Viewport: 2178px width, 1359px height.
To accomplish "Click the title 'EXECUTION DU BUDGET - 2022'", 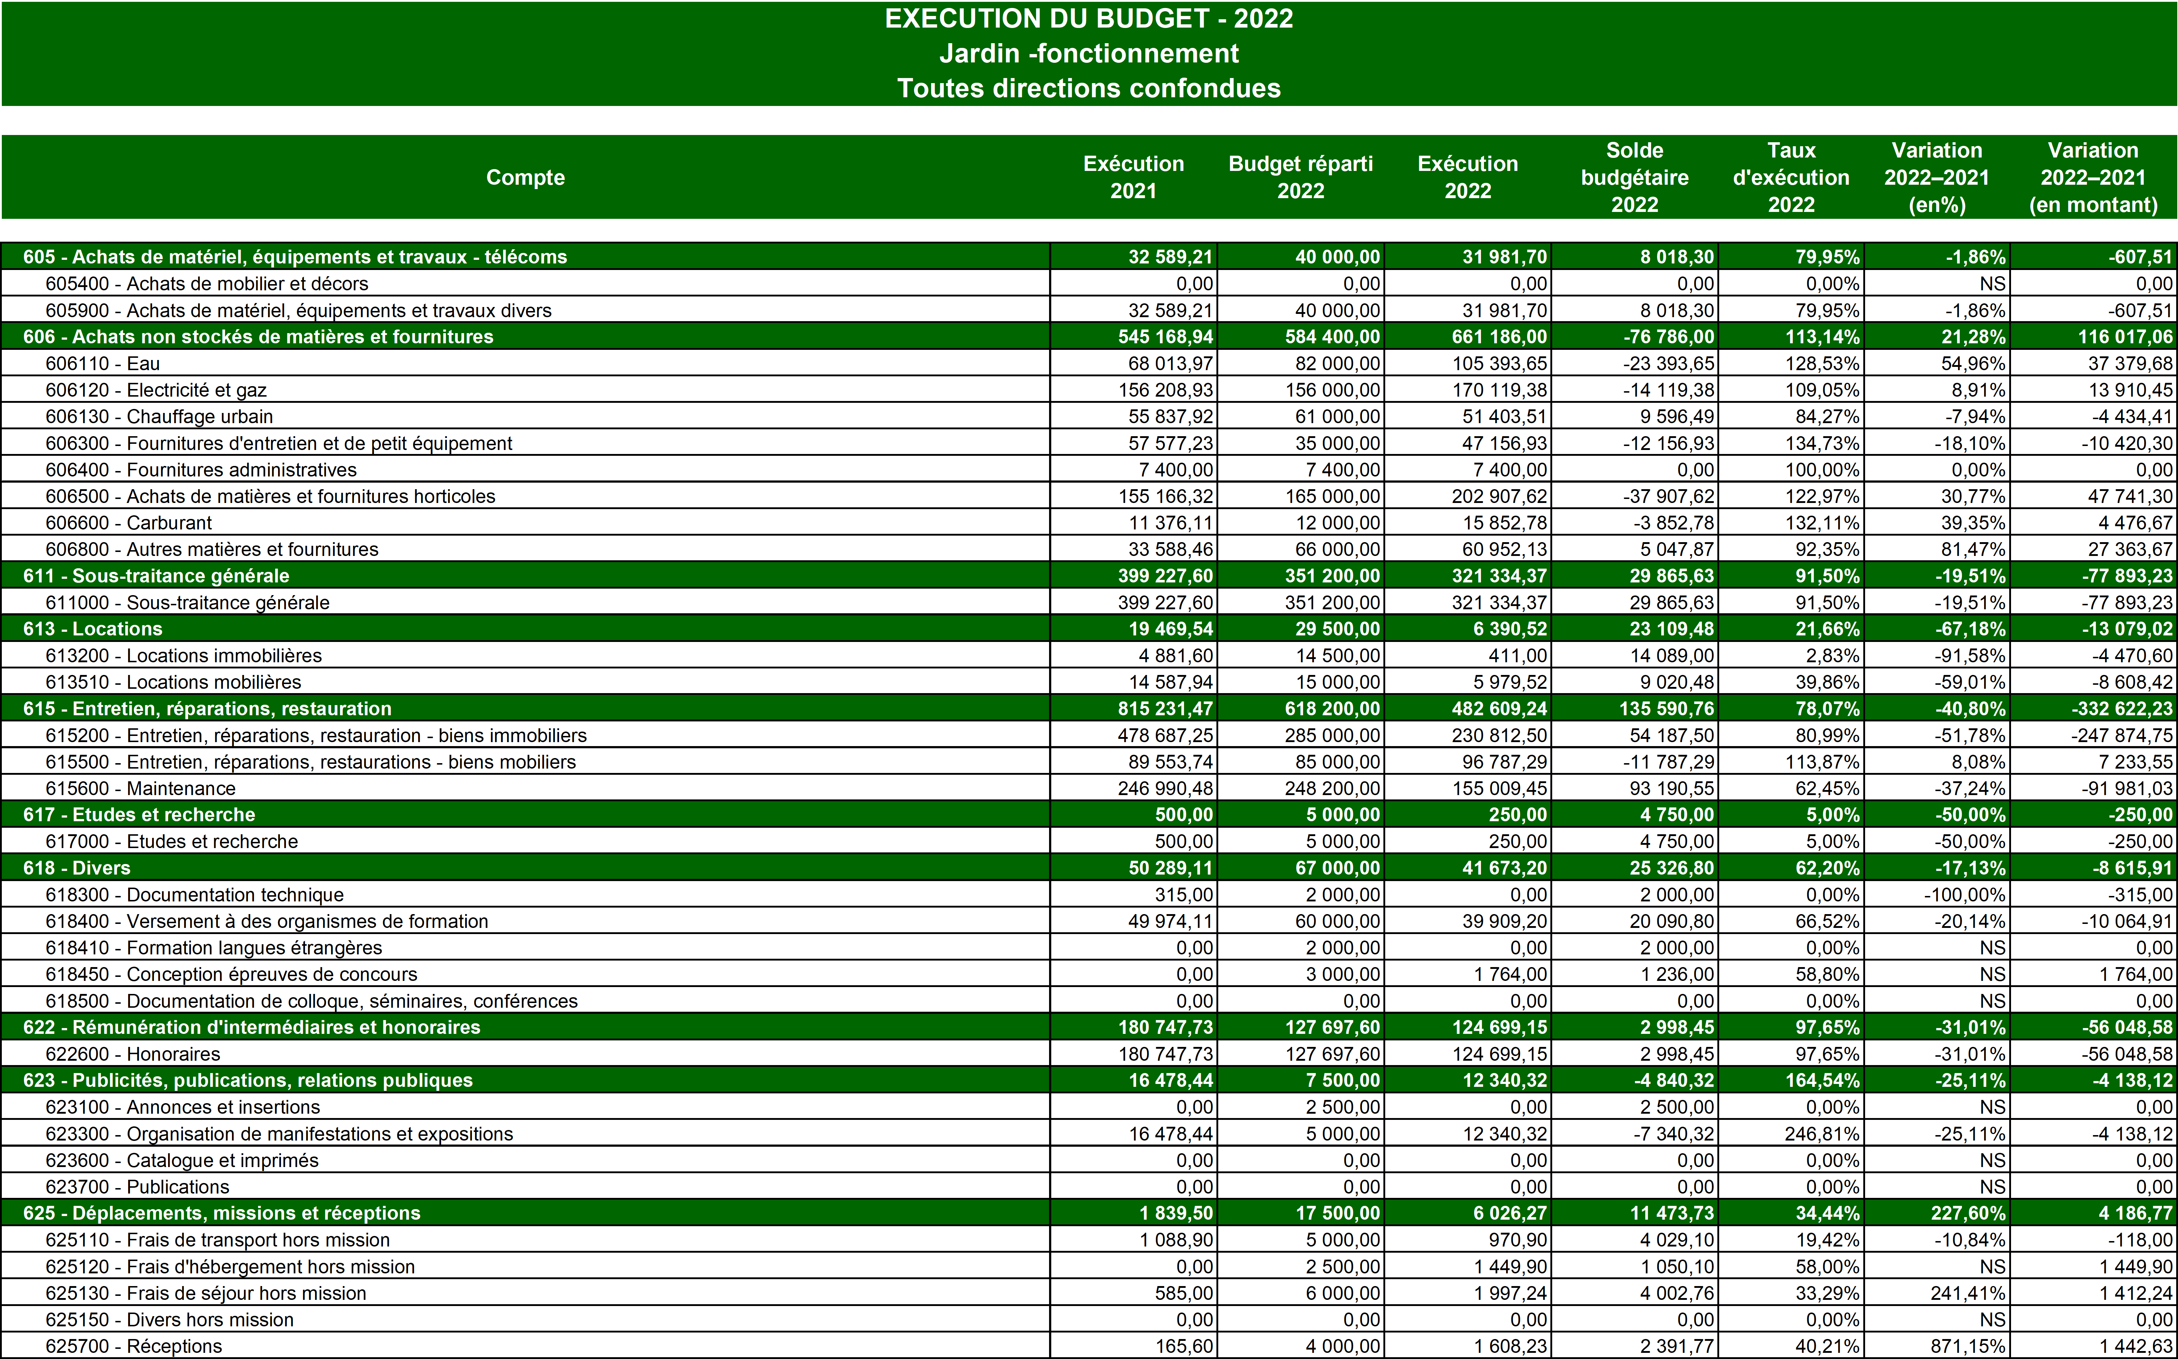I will [1089, 19].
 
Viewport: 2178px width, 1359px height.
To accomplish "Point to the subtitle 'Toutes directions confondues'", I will [1089, 88].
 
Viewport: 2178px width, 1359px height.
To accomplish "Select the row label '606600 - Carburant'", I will [129, 522].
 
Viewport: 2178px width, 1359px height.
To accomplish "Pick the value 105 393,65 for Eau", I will [1499, 363].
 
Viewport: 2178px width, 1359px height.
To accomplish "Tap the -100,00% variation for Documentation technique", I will [1964, 894].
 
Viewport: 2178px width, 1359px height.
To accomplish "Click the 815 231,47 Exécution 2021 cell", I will [1165, 708].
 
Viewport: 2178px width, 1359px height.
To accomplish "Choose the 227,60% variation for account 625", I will [1967, 1212].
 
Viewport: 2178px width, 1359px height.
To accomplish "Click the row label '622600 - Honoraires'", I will [133, 1053].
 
